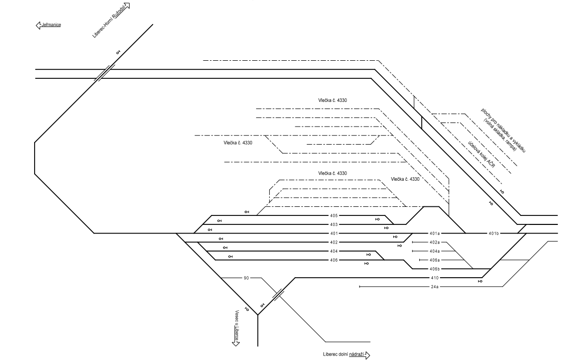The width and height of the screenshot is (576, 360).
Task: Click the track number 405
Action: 333,215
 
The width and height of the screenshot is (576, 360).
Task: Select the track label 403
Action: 333,224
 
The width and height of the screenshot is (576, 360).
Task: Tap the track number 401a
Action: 434,233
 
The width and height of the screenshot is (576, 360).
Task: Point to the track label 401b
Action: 494,233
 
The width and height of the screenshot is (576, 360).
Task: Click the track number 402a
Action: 434,243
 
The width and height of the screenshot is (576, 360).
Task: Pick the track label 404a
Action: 434,251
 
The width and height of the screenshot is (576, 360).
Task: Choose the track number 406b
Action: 434,269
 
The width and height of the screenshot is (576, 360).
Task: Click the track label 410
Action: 434,278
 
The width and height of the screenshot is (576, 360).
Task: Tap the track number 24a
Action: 434,287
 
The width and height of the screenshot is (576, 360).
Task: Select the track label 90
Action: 246,278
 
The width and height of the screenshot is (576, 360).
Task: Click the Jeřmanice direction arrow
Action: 38,25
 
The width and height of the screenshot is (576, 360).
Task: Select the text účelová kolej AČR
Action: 482,155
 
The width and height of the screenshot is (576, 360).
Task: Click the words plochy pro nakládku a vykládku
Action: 504,131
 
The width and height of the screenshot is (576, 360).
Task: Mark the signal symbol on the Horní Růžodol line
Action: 119,53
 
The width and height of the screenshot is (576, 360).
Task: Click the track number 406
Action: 333,260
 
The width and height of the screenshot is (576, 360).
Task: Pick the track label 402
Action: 333,243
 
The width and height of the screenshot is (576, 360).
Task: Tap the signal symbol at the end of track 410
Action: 480,281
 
